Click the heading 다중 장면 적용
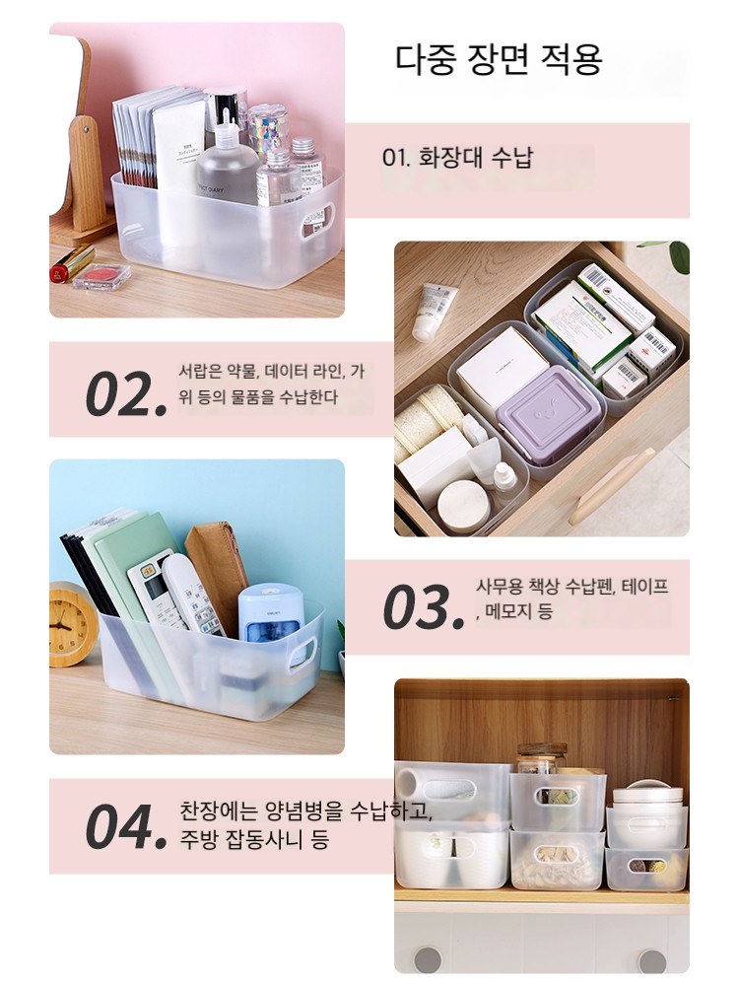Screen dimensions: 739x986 499,60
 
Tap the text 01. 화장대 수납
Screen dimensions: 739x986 457,157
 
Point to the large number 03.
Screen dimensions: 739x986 424,607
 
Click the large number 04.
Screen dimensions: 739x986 126,825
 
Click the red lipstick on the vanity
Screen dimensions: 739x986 72,263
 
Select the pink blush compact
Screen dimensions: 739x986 101,276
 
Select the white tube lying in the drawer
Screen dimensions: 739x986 434,311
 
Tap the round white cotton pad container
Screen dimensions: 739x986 465,500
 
